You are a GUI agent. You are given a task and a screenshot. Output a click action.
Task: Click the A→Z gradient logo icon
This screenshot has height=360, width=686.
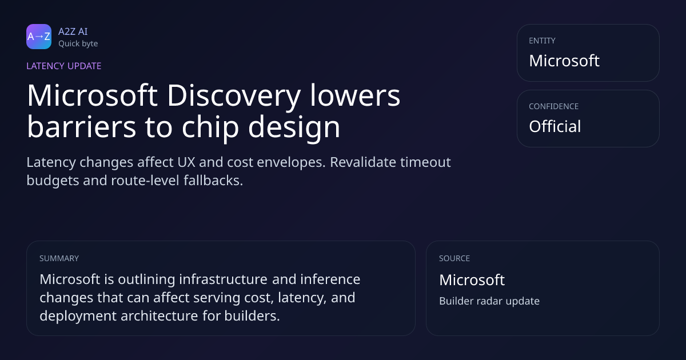[39, 37]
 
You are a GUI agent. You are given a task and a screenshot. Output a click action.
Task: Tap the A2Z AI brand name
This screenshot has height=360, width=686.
[73, 31]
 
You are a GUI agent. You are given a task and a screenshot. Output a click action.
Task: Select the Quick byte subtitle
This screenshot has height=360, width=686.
[78, 44]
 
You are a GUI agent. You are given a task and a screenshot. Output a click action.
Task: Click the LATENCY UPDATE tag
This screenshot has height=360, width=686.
[63, 66]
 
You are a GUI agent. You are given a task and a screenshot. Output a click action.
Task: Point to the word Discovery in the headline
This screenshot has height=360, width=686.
[233, 96]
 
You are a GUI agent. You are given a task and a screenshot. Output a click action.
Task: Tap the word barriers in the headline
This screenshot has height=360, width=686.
[81, 126]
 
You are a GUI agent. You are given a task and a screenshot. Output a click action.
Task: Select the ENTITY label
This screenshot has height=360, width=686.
[542, 41]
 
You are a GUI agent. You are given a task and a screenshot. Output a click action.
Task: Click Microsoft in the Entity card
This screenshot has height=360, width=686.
[564, 61]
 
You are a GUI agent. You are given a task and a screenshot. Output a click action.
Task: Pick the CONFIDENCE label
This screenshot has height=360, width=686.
[554, 106]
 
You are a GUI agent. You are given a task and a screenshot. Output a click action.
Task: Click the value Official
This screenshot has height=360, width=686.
[555, 126]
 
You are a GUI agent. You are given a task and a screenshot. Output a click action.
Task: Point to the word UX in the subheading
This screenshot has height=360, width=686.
[186, 162]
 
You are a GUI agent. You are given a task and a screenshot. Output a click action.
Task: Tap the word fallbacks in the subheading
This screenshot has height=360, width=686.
[213, 181]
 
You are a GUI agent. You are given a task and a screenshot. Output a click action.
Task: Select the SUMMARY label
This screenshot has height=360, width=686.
[59, 258]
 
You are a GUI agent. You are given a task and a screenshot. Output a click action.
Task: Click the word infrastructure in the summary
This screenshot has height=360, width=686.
[224, 279]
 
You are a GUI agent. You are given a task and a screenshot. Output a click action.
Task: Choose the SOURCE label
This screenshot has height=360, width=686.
[454, 258]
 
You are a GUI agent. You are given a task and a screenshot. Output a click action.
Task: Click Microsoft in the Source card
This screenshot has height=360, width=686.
[472, 280]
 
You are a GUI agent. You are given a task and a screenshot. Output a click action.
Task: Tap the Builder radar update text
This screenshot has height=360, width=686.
[489, 301]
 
